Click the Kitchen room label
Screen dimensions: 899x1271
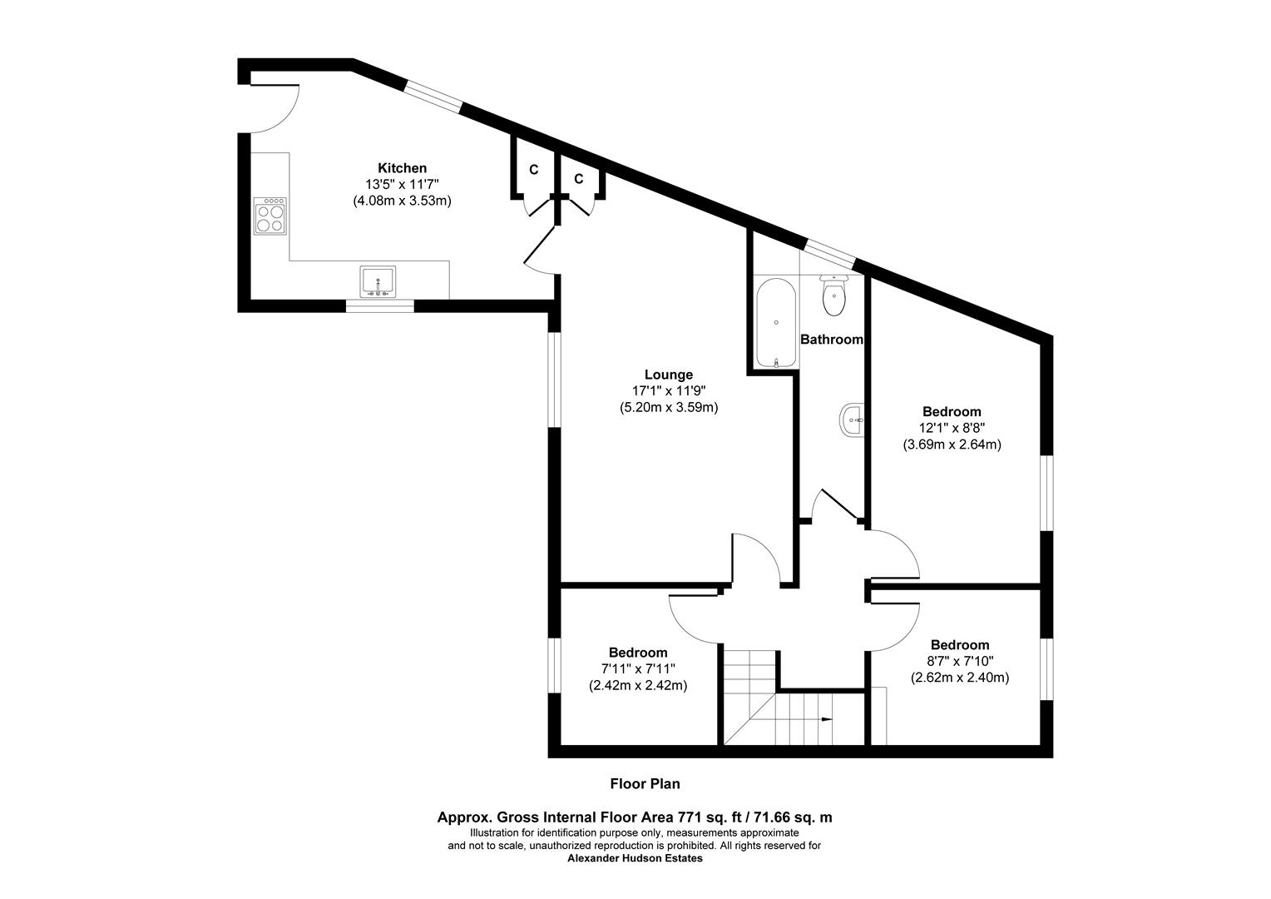pyautogui.click(x=402, y=168)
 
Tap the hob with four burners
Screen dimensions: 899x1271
pyautogui.click(x=270, y=216)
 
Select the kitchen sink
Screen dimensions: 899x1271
pyautogui.click(x=378, y=281)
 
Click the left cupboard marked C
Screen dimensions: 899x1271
pyautogui.click(x=533, y=170)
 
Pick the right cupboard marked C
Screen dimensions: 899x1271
pyautogui.click(x=578, y=179)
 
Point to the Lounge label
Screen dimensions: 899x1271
pyautogui.click(x=668, y=375)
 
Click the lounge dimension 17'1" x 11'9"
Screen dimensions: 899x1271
pyautogui.click(x=668, y=391)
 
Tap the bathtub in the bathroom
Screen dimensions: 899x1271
pyautogui.click(x=775, y=323)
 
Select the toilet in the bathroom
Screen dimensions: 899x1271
pyautogui.click(x=833, y=296)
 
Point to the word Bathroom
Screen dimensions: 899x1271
pyautogui.click(x=831, y=340)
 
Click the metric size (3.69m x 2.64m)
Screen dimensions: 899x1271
pyautogui.click(x=952, y=445)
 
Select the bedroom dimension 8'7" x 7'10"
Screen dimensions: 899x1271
pyautogui.click(x=960, y=661)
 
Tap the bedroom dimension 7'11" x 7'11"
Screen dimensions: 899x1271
pyautogui.click(x=638, y=668)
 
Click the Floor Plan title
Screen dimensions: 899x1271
pyautogui.click(x=645, y=783)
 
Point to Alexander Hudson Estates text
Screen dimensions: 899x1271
pyautogui.click(x=635, y=858)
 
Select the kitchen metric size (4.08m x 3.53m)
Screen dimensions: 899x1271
pyautogui.click(x=402, y=201)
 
